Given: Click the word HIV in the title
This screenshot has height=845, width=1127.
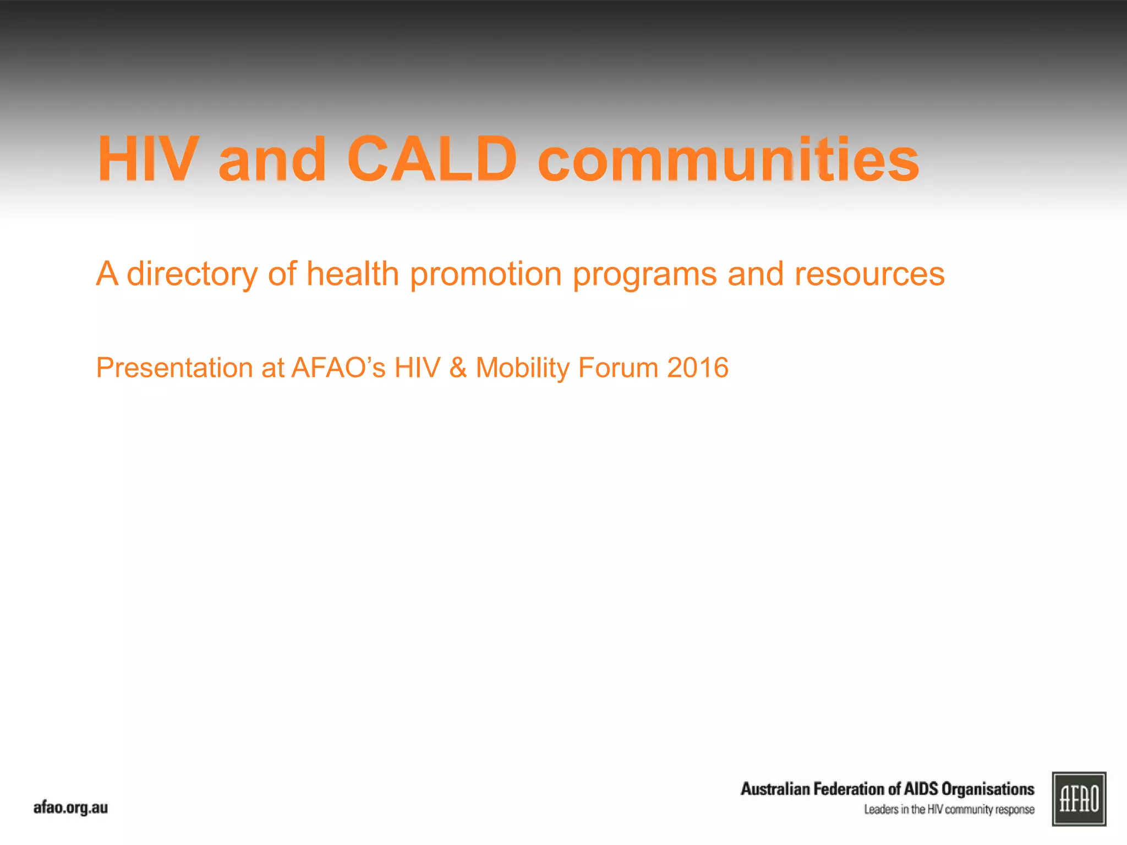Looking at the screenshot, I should point(147,160).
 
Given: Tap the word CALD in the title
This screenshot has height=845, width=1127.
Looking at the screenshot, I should point(432,160).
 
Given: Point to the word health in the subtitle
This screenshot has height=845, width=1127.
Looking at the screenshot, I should point(352,273).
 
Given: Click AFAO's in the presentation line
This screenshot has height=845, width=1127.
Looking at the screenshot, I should point(338,367).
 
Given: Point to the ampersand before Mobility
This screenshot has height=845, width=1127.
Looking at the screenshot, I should point(458,367).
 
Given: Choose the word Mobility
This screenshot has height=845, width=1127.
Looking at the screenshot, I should point(523,367).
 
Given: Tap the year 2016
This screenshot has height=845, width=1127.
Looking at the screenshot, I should point(698,367).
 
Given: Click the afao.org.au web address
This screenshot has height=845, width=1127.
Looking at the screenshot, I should point(70,808).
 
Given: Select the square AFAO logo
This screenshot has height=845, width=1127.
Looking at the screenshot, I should point(1079,799).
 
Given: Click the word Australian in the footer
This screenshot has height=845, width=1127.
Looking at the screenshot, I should point(775,789).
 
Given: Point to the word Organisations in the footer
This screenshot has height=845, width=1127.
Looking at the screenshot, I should point(988,789).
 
